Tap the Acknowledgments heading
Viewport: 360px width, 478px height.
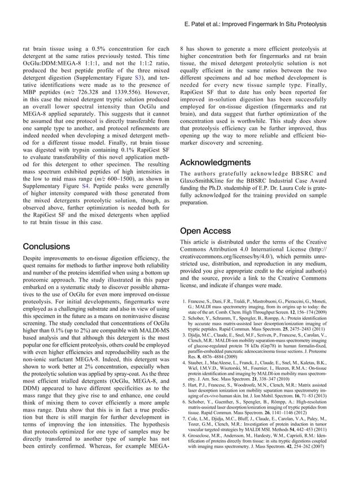pos(215,162)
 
